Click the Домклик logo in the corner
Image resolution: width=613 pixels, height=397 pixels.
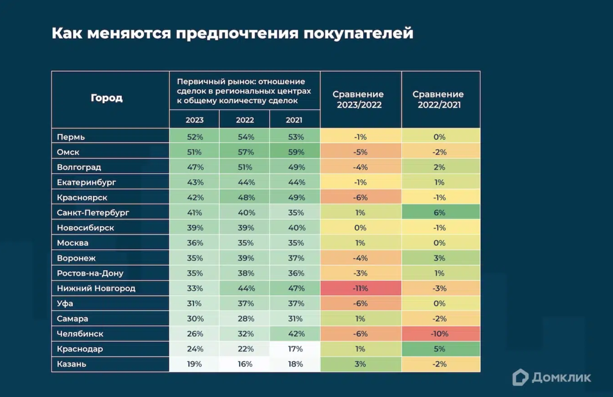[552, 377]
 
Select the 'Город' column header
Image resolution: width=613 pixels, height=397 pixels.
[107, 99]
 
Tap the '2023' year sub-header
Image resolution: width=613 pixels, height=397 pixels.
[195, 120]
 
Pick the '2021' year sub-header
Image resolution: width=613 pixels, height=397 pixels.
[295, 120]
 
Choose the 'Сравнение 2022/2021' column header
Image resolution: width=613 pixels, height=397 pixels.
[440, 99]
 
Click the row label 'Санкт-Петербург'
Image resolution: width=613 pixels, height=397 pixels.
[93, 213]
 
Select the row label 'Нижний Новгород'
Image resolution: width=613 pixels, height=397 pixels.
[96, 288]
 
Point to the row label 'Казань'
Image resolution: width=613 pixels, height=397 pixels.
[72, 364]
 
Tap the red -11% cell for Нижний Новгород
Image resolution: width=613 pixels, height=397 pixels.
[361, 288]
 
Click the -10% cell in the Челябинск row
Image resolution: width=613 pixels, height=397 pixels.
[440, 334]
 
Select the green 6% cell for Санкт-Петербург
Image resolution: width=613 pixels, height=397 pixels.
[440, 213]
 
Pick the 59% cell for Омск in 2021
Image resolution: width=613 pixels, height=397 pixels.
[295, 152]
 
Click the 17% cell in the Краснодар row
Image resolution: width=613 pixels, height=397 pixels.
[295, 349]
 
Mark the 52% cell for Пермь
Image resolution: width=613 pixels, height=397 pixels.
[195, 137]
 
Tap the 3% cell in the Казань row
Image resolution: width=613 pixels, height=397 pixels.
[361, 364]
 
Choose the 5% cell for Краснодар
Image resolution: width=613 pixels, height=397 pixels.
[440, 349]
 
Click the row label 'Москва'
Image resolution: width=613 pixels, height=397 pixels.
[73, 243]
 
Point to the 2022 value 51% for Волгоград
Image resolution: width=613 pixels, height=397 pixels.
[245, 167]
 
